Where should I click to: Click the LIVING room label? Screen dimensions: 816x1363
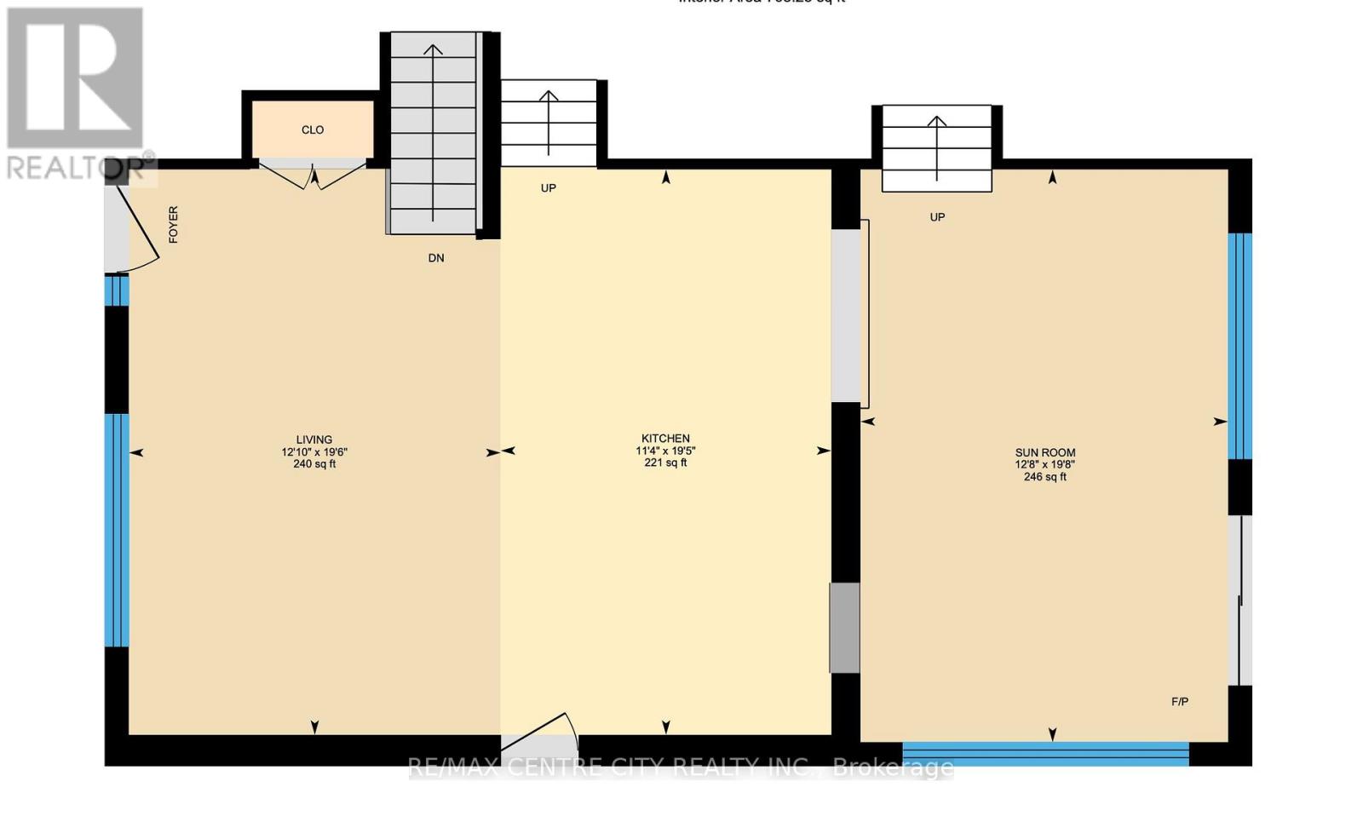coord(314,440)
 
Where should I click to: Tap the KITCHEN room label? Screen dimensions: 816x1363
coord(665,439)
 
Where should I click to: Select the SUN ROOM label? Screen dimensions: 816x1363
coord(1044,452)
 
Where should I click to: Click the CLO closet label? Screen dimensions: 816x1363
coord(313,130)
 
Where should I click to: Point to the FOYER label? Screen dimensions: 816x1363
coord(174,224)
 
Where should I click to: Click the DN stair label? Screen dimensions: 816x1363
coord(436,258)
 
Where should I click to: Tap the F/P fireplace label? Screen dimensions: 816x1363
coord(1180,702)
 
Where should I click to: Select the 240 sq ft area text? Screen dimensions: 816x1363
coord(314,464)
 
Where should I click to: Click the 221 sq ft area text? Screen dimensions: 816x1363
coord(665,463)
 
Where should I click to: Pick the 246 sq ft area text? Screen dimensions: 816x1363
coord(1044,477)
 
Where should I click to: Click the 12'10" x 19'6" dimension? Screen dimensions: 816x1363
coord(314,452)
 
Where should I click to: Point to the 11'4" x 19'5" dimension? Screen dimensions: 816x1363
coord(665,451)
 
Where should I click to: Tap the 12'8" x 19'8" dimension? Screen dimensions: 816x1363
coord(1044,465)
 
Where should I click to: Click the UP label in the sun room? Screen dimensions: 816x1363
coord(937,217)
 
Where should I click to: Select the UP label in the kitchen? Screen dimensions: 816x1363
coord(548,188)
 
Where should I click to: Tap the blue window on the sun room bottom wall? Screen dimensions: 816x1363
coord(1045,753)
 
